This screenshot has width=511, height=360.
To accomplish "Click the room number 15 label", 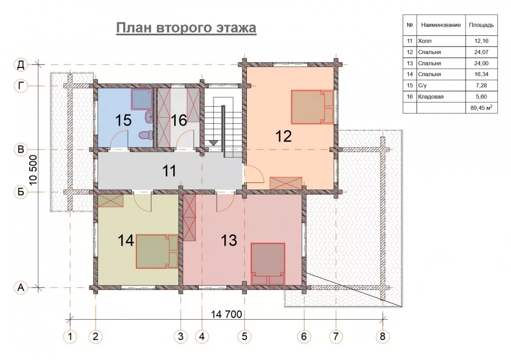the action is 124,120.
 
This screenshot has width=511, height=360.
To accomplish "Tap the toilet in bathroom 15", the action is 145,134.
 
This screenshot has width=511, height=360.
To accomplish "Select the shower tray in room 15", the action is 142,99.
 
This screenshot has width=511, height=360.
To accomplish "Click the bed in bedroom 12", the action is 312,107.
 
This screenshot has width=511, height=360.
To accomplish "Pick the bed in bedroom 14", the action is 157,251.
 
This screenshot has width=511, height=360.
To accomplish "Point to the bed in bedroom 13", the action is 268,264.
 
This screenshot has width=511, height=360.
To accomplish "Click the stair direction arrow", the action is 214,142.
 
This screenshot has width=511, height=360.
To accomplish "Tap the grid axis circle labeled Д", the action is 21,64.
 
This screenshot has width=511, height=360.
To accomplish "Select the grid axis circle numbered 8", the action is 383,336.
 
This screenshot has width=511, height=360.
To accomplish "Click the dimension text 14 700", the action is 226,314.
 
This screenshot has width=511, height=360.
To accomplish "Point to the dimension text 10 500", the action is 34,170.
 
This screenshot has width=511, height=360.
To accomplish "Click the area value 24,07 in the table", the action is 481,52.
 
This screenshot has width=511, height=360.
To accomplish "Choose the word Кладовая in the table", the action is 430,97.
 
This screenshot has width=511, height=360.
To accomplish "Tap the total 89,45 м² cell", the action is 481,108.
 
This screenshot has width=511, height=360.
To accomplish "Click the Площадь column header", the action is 481,25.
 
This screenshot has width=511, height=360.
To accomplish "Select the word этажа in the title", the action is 236,28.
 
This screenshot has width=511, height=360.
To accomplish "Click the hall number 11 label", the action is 169,171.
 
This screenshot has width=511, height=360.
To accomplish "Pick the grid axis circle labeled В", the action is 21,149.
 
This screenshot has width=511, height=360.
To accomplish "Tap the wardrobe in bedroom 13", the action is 190,218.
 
